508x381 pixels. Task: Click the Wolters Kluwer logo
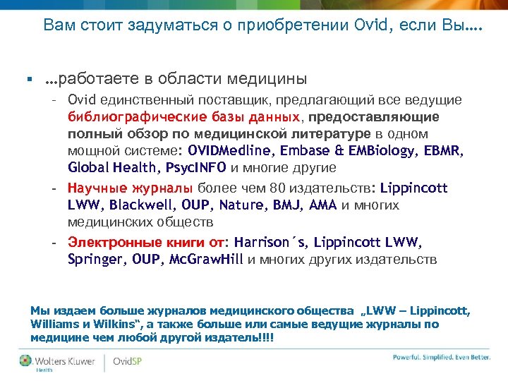(58, 362)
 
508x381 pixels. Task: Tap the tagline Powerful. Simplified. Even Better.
(441, 357)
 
